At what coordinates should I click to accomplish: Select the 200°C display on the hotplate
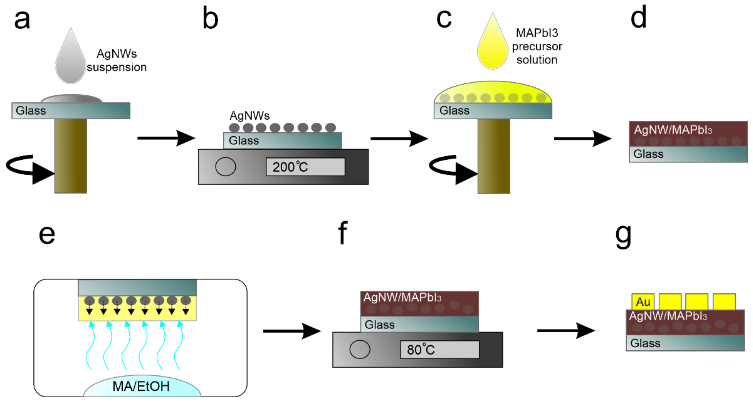click(305, 167)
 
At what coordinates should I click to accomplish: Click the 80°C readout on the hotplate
click(439, 350)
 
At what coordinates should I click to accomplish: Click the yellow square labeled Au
click(643, 302)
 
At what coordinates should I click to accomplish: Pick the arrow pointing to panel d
click(583, 138)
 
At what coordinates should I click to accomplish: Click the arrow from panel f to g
click(566, 331)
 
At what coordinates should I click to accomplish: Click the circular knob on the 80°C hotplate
click(360, 349)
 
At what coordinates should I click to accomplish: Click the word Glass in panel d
click(648, 154)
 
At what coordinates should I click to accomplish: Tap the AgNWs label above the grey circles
click(249, 116)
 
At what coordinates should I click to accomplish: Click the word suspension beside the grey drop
click(117, 67)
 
